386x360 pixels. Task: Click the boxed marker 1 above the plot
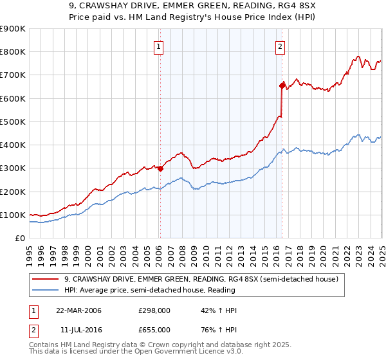point(158,46)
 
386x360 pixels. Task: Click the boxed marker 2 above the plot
point(280,46)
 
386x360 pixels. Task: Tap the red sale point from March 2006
point(160,168)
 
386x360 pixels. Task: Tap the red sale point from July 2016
point(282,85)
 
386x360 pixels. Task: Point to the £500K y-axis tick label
point(13,122)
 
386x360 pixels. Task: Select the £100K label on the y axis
point(13,215)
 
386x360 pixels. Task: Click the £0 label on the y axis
point(19,238)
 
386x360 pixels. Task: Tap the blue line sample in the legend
point(45,290)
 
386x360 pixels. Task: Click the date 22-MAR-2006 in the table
point(78,310)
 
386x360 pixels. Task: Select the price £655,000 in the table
point(154,329)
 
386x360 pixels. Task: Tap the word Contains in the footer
point(45,345)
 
